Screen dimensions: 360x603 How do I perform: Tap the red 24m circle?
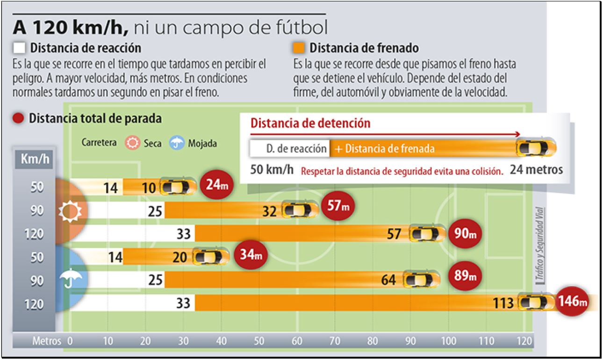[215, 186]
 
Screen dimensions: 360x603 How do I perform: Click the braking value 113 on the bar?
[503, 303]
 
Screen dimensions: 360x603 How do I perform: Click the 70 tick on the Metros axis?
[335, 341]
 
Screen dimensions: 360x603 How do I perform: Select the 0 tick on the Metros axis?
[71, 341]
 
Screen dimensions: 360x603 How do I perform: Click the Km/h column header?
[35, 159]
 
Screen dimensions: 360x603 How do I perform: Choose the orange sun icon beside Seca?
[133, 143]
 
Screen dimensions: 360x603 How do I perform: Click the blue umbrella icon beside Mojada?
[177, 143]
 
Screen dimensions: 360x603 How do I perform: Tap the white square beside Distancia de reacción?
[19, 48]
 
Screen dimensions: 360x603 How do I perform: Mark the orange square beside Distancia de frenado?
[299, 48]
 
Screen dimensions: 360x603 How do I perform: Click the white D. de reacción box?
[290, 149]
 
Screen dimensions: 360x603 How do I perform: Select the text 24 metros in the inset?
[536, 169]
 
